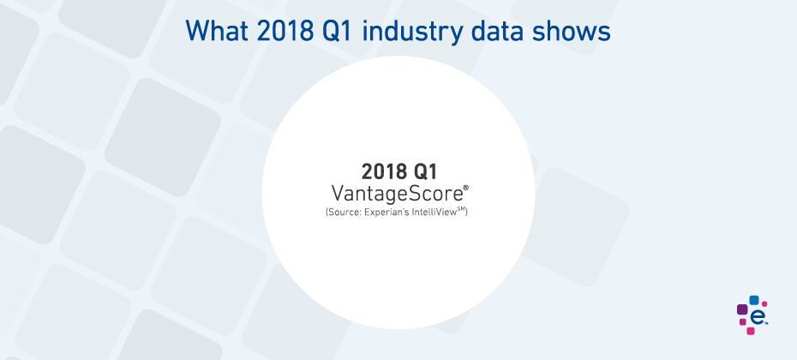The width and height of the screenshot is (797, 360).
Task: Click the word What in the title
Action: [x=217, y=31]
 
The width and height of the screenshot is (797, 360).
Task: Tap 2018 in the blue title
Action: [x=284, y=31]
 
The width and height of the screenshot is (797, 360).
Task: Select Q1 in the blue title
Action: [x=338, y=31]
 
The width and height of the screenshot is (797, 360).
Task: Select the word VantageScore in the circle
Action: [x=397, y=195]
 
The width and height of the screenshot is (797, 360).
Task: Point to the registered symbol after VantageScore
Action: [x=465, y=188]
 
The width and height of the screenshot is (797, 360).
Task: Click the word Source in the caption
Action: [x=345, y=212]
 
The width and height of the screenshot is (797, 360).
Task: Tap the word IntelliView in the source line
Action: [x=435, y=212]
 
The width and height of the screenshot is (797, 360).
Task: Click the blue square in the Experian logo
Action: [x=754, y=300]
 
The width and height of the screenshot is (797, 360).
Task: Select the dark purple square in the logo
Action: [x=742, y=309]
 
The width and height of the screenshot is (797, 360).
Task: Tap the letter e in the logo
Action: [x=757, y=317]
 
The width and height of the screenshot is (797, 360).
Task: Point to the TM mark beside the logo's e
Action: [x=766, y=322]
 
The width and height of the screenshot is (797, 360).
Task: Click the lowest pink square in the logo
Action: [x=750, y=331]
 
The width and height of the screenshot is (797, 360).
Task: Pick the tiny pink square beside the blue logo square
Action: [x=764, y=304]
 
